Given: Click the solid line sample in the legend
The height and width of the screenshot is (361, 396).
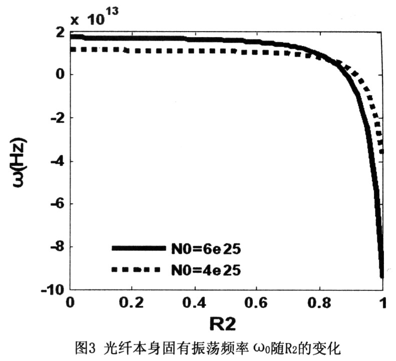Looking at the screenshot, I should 138,248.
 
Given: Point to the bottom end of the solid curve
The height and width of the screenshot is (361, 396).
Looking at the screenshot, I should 381,276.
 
